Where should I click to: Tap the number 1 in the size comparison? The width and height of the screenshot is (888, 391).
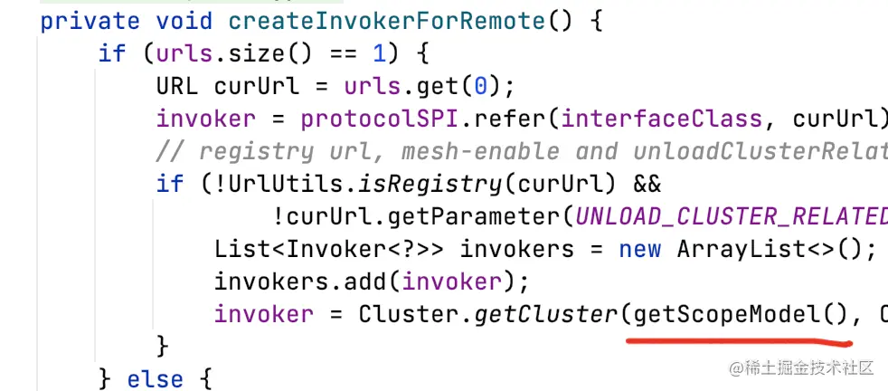[380, 53]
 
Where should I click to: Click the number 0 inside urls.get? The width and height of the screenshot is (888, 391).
[481, 87]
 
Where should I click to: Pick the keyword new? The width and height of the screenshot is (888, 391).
[640, 250]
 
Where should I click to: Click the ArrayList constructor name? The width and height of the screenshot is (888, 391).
[742, 250]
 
